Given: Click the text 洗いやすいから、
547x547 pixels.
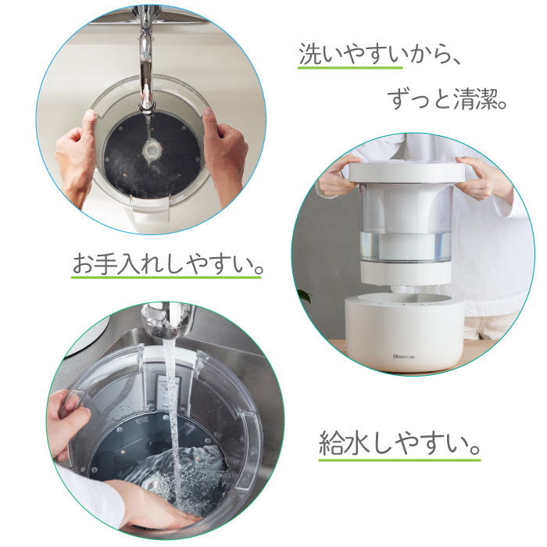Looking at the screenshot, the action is pyautogui.click(x=380, y=55).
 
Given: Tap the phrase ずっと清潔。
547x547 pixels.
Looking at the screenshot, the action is pyautogui.click(x=447, y=99).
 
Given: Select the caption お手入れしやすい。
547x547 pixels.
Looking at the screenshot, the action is pyautogui.click(x=167, y=264).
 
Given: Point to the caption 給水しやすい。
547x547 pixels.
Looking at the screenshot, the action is pyautogui.click(x=400, y=443).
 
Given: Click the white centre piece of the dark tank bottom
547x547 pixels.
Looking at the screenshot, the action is pyautogui.click(x=152, y=151).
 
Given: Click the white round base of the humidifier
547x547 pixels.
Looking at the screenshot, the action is pyautogui.click(x=404, y=333).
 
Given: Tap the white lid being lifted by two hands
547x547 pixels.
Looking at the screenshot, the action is pyautogui.click(x=407, y=173).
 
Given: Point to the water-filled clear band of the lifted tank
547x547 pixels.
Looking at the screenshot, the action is pyautogui.click(x=406, y=245).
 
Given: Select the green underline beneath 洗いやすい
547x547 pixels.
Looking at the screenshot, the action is pyautogui.click(x=350, y=67).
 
